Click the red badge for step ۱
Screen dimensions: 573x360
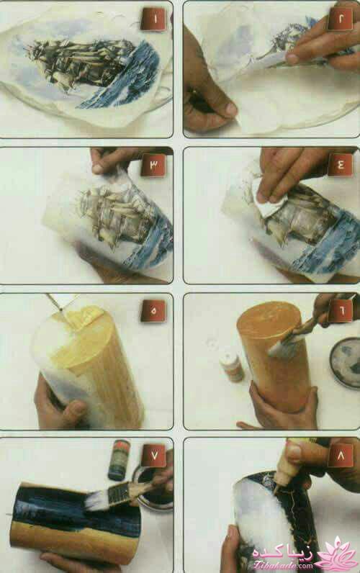(x=153, y=19)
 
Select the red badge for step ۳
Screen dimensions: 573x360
(x=153, y=165)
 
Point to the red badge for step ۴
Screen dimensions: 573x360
(x=338, y=165)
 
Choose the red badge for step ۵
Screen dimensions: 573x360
(x=153, y=311)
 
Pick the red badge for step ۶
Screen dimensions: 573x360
(x=338, y=311)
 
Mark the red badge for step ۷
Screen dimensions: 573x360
(x=153, y=455)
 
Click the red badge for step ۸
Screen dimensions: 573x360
(x=338, y=455)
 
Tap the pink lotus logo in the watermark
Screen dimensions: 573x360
(x=336, y=554)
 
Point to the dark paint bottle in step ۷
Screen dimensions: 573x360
(x=118, y=460)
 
